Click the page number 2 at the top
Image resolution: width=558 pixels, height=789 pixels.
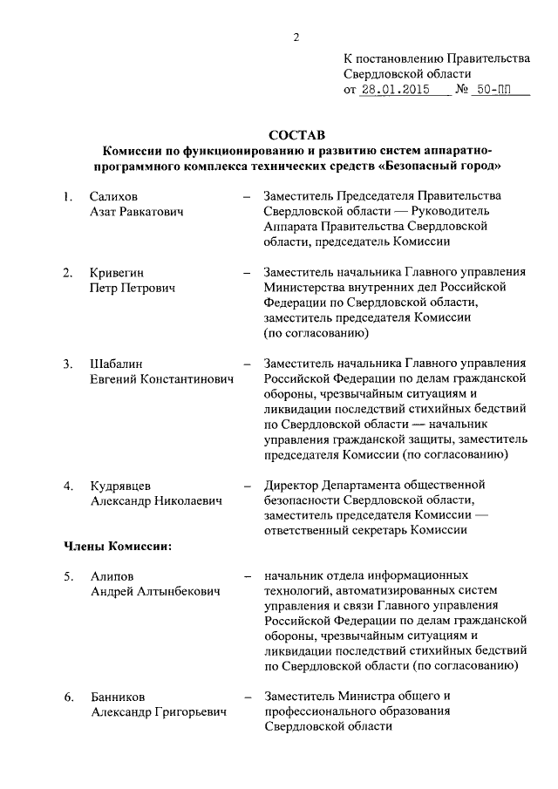[x=296, y=36]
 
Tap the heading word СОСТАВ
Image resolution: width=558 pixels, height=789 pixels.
[x=296, y=135]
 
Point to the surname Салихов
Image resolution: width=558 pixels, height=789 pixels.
[x=113, y=197]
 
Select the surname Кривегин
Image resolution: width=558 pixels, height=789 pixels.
[x=118, y=273]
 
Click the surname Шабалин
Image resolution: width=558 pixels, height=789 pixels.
[x=116, y=364]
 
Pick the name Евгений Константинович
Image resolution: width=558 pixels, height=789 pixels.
[x=163, y=379]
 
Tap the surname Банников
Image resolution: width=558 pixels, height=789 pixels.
[x=118, y=697]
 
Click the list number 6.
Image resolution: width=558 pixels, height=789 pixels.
[x=68, y=697]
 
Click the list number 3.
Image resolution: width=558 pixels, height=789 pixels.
[x=68, y=364]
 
